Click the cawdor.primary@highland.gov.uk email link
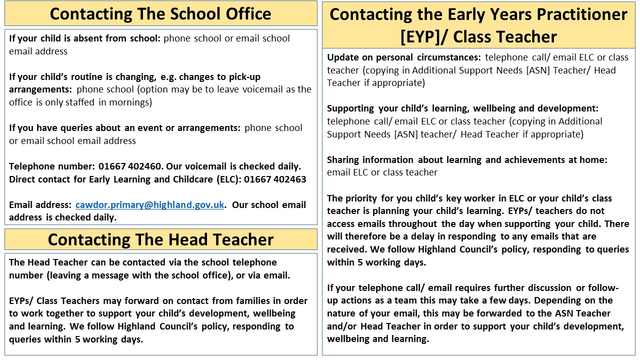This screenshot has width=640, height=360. point(149,205)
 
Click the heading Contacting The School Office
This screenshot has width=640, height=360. point(160,13)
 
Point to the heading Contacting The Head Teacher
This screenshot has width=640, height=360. point(160,239)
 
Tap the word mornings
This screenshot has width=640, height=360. point(128,102)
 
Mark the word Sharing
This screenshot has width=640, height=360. point(343,160)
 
